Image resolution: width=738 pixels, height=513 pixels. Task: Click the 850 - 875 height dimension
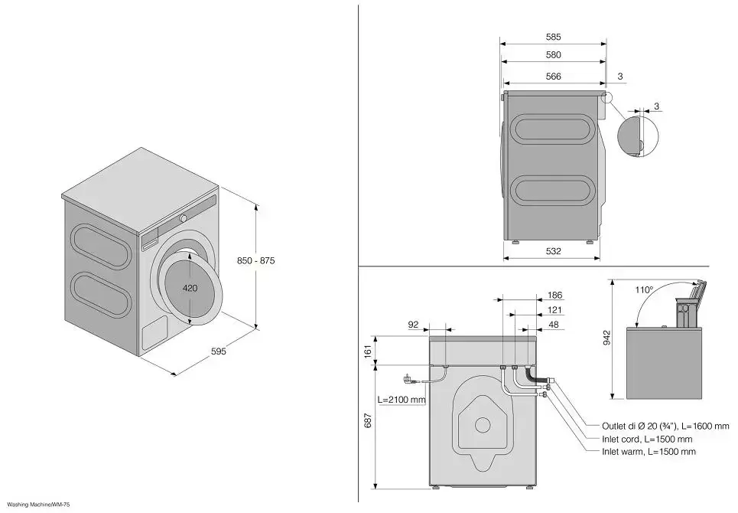[x=255, y=261]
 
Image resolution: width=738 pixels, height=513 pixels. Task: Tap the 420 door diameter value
[x=190, y=288]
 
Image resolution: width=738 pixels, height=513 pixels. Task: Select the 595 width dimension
[x=219, y=352]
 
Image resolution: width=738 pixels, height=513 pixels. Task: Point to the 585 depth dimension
[x=554, y=37]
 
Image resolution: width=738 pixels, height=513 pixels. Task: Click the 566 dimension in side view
[x=554, y=76]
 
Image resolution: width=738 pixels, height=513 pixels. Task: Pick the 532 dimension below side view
[x=554, y=251]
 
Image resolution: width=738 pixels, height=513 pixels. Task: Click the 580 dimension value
[x=554, y=55]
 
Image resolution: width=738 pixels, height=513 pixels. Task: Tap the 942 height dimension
[x=606, y=338]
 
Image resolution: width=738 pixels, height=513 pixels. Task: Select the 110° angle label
[x=644, y=290]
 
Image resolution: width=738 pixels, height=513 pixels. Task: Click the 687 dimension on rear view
[x=368, y=421]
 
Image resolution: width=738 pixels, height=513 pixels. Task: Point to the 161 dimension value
[x=368, y=351]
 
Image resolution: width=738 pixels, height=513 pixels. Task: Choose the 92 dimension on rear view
[x=414, y=325]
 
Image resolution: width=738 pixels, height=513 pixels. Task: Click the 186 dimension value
[x=555, y=295]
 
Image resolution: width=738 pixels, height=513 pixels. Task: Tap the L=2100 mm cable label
[x=402, y=399]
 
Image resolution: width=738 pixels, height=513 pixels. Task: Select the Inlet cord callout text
[x=647, y=439]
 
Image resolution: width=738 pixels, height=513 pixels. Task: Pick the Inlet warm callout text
[x=649, y=452]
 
